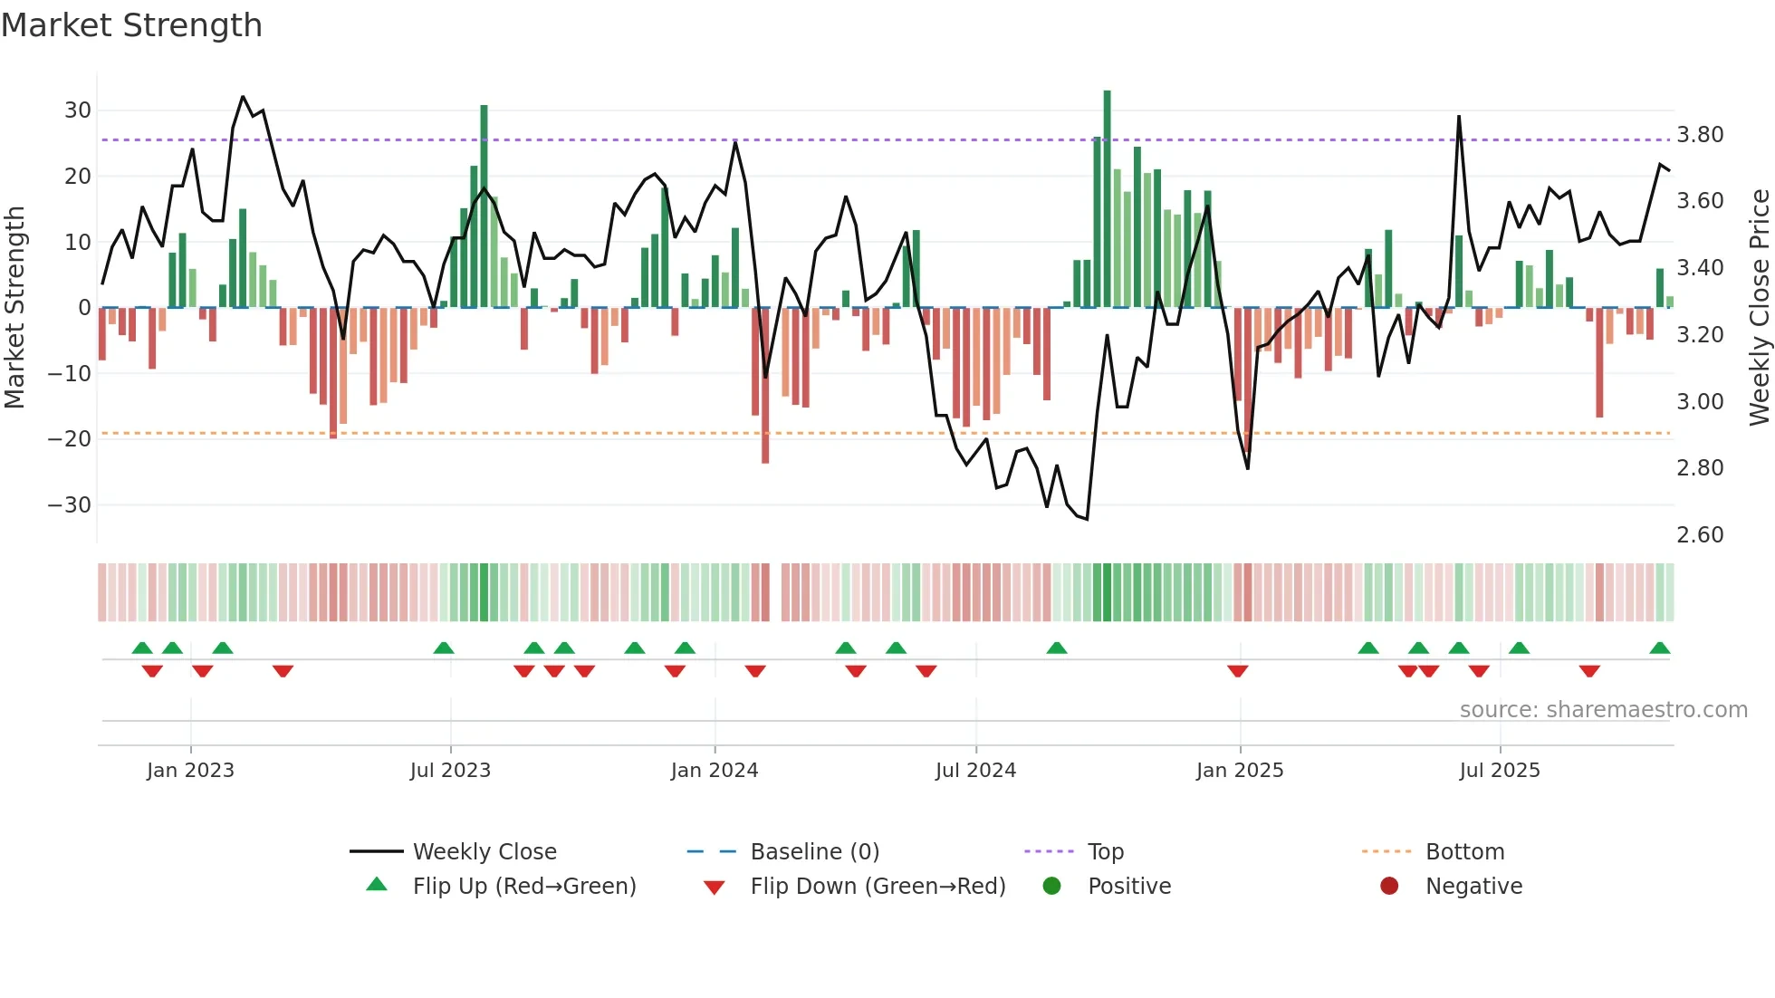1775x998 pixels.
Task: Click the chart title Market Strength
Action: [x=131, y=25]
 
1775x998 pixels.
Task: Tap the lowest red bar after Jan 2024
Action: [x=765, y=385]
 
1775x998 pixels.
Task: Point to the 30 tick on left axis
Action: [x=78, y=110]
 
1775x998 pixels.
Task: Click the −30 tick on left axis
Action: [x=71, y=505]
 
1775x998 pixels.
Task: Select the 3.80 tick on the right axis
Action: [x=1700, y=135]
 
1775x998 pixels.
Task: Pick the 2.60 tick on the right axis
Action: [x=1700, y=535]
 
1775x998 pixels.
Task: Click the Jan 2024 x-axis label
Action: [x=715, y=771]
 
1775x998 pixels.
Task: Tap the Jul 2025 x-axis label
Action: [x=1500, y=771]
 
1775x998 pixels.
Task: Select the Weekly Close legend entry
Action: [x=485, y=852]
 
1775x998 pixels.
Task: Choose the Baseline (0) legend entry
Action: [x=814, y=852]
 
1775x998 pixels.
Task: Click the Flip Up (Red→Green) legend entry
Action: [x=524, y=887]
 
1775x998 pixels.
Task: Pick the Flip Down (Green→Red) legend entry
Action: [x=878, y=887]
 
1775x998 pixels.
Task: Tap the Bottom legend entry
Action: [x=1464, y=852]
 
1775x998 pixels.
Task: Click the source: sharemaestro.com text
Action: [x=1603, y=710]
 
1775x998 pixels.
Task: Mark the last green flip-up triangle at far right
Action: [x=1659, y=648]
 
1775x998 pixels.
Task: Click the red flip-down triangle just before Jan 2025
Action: [x=1238, y=671]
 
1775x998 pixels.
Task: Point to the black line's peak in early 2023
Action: [x=243, y=97]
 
